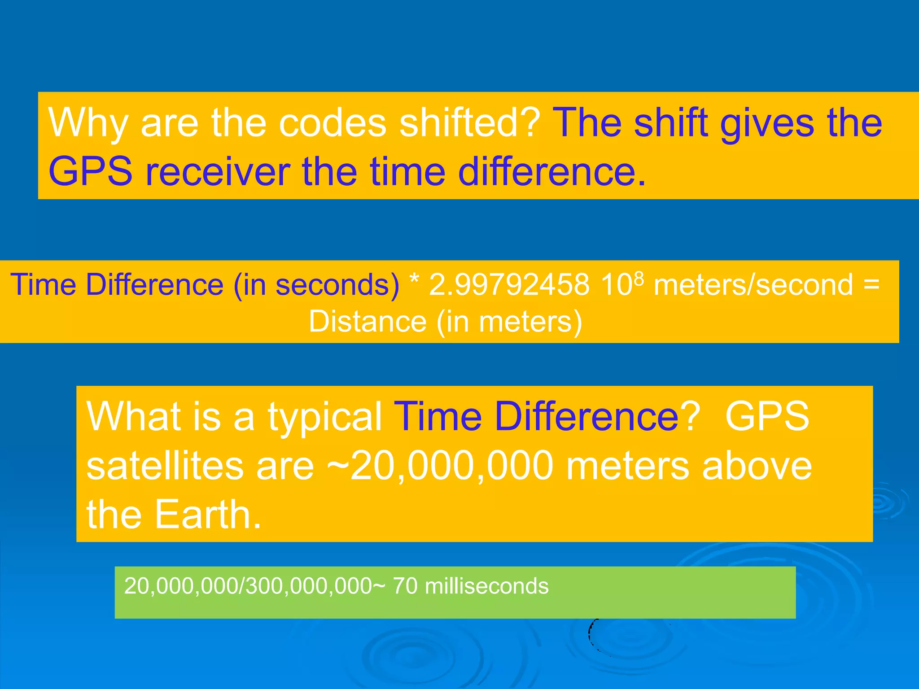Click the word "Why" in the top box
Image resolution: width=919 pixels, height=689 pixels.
tap(88, 123)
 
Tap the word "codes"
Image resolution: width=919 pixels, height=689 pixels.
tap(333, 123)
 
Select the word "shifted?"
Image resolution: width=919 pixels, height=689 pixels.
tap(469, 123)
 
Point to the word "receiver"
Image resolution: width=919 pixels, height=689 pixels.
tap(218, 172)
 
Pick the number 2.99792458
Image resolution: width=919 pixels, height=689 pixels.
tap(509, 285)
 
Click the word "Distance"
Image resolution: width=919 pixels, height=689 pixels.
tap(368, 322)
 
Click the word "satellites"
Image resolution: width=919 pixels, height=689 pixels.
tap(164, 466)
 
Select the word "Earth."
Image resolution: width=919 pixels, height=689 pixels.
tap(208, 515)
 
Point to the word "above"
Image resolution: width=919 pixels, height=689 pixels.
tap(757, 466)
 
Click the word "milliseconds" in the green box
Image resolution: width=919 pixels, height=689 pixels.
tap(486, 586)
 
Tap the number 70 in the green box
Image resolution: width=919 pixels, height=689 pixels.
tap(405, 586)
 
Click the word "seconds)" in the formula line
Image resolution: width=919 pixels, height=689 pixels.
tap(337, 285)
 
